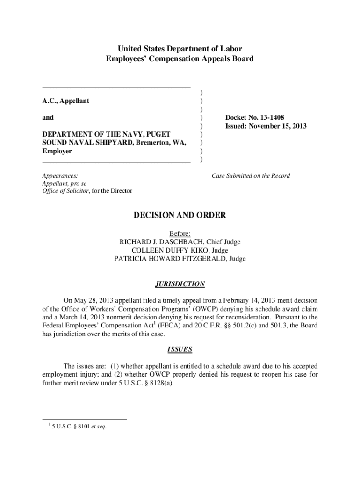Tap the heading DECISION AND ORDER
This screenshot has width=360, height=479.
(180, 215)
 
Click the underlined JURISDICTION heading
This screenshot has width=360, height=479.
(180, 284)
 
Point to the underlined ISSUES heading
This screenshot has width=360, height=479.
(180, 349)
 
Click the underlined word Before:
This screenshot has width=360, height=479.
(180, 233)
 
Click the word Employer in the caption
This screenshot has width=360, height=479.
(57, 152)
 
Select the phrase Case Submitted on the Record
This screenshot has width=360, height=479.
(251, 176)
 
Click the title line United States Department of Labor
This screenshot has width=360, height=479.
(180, 49)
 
